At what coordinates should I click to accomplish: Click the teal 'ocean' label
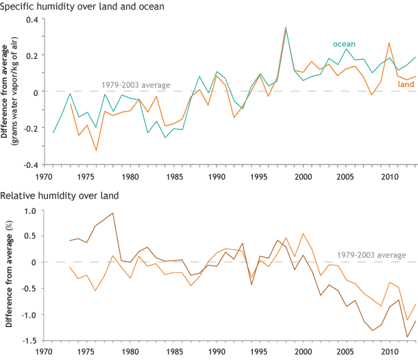point(344,45)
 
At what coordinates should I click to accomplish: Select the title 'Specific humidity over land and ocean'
point(86,6)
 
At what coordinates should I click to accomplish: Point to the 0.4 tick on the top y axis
point(31,19)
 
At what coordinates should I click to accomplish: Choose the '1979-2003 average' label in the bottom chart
point(373,255)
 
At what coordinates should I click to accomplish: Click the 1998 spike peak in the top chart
point(286,27)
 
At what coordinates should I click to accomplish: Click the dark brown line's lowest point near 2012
point(407,337)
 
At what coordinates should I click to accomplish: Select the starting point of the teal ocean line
point(53,133)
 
